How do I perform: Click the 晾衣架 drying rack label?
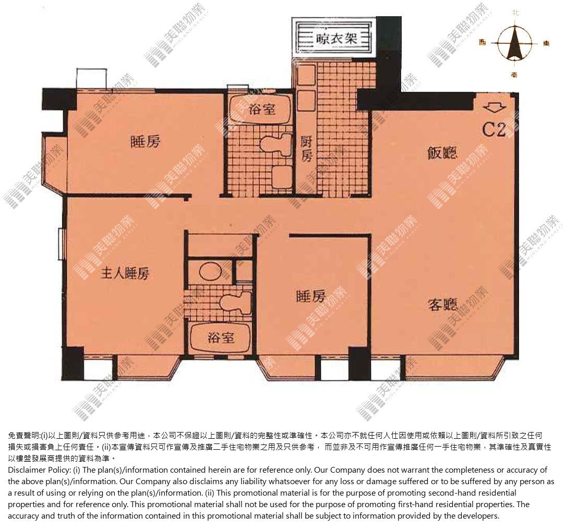pos(336,38)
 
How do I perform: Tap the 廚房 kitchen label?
pos(306,149)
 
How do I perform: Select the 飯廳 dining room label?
pos(442,153)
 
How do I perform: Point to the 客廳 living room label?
pos(442,305)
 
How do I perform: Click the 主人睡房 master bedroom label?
pos(125,273)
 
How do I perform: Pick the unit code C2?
pos(494,129)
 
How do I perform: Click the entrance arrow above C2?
pos(495,107)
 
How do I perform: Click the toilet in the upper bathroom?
pos(275,145)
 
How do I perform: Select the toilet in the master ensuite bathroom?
pos(235,303)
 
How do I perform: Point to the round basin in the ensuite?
pos(210,272)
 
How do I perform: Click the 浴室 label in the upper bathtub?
pos(262,109)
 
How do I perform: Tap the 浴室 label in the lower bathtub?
pos(221,338)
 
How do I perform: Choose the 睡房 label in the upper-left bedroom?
pos(145,141)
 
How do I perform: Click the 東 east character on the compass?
pos(546,43)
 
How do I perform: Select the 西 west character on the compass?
pos(482,43)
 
